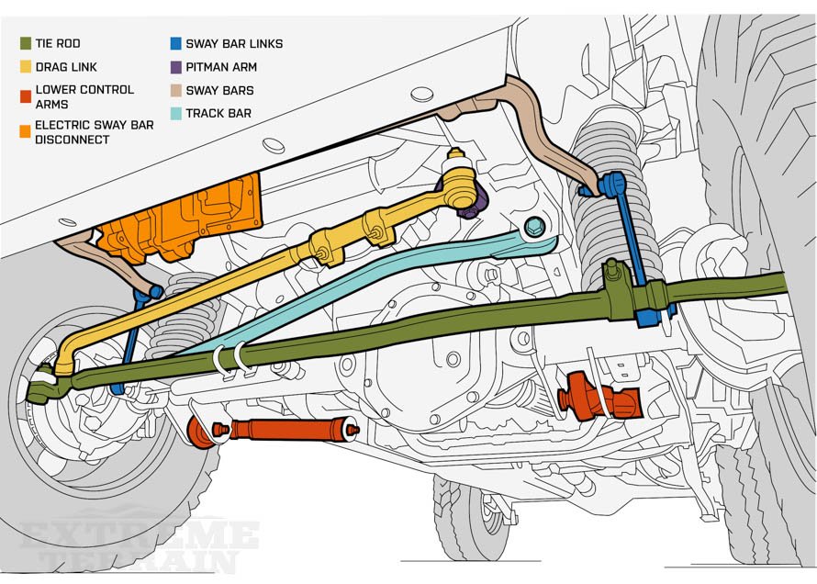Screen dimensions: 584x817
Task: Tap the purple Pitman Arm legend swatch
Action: point(175,67)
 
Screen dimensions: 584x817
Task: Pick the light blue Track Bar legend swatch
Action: point(175,115)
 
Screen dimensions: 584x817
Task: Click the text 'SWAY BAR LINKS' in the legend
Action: point(234,43)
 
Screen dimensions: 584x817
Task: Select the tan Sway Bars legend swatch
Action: point(175,91)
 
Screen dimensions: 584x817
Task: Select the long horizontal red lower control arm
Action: point(275,430)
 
